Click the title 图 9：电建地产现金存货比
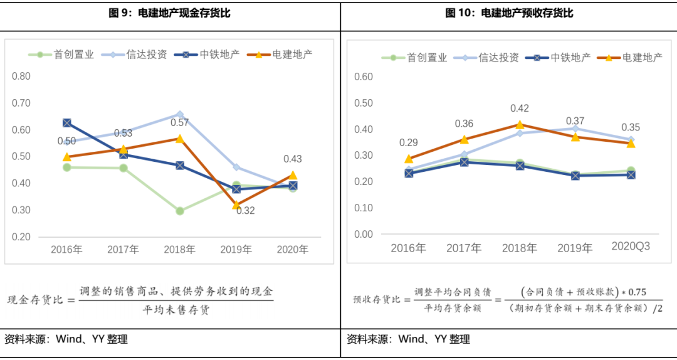170,13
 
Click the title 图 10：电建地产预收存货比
509,13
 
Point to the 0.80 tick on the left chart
21,77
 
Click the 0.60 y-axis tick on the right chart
364,77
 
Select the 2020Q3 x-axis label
631,246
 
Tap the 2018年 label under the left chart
179,250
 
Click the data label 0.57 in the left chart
179,123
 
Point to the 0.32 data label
245,211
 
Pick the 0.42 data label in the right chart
520,109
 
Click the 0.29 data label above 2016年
408,143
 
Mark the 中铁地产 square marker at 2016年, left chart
66,123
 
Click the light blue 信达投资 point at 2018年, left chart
180,115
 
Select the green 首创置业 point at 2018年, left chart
180,211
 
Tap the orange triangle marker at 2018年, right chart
520,125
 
